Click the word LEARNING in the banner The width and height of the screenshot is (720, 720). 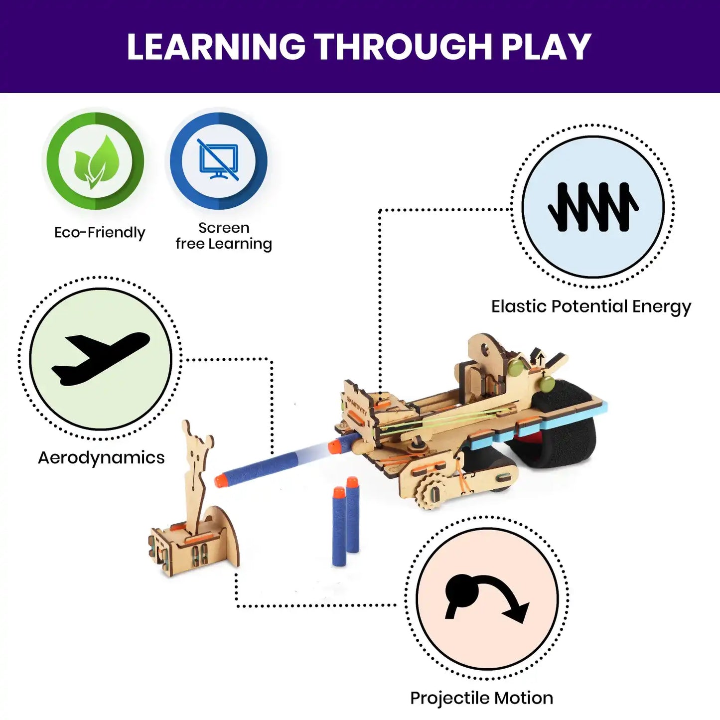(x=216, y=47)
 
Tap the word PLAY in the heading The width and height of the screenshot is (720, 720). (x=546, y=47)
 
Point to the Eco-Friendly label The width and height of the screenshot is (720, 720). (x=100, y=232)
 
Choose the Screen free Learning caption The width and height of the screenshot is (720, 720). (x=224, y=236)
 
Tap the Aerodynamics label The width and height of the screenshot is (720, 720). (x=101, y=457)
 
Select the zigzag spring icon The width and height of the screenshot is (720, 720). (x=593, y=207)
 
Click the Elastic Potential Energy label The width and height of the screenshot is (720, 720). (x=591, y=306)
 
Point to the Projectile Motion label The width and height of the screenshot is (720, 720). (x=481, y=698)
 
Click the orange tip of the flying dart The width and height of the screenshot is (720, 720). (x=219, y=480)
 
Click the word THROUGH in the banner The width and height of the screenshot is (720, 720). (x=404, y=47)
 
